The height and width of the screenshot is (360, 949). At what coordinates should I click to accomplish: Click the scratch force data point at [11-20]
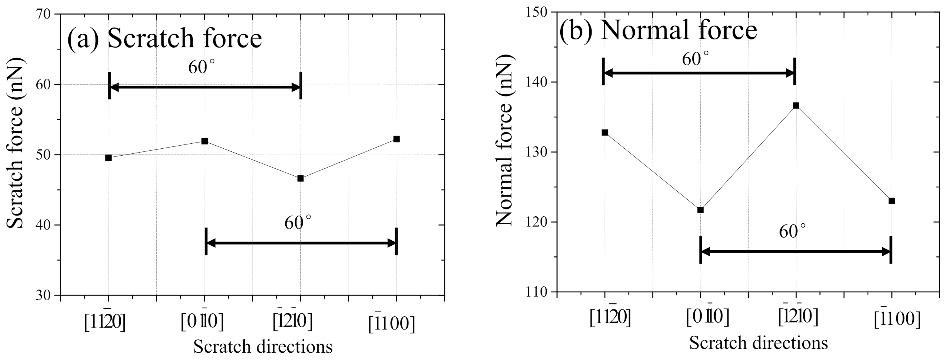(x=108, y=158)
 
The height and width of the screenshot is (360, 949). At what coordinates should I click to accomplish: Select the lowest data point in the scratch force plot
(x=300, y=178)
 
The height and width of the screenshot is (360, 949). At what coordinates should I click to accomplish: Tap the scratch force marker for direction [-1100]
(x=397, y=139)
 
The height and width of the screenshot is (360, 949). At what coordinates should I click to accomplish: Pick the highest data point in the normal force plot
(x=796, y=105)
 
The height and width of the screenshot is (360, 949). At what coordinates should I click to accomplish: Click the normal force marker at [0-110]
(x=700, y=210)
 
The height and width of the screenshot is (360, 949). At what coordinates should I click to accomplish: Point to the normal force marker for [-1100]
(x=891, y=201)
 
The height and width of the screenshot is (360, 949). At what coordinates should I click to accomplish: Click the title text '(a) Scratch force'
(x=164, y=39)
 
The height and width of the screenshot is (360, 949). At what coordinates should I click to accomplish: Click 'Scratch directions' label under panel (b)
(x=758, y=343)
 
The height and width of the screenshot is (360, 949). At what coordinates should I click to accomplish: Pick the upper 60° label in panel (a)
(x=202, y=67)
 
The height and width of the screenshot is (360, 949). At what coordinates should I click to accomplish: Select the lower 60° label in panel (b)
(x=792, y=232)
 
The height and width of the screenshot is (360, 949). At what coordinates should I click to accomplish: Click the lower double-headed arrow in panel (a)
(x=301, y=243)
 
